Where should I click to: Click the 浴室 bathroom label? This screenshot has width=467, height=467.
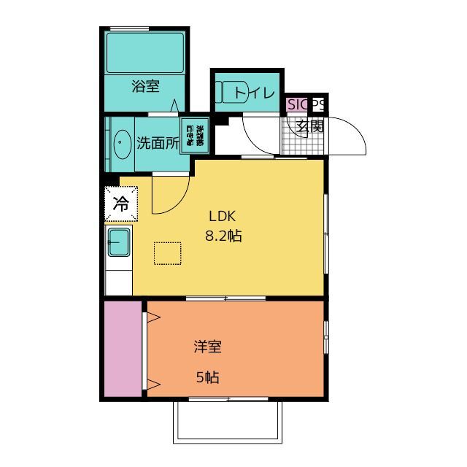click(x=145, y=87)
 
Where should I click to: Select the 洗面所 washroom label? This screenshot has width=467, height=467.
click(x=158, y=143)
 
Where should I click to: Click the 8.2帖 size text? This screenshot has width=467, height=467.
click(x=224, y=236)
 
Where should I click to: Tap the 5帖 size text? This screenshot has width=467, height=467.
click(x=208, y=377)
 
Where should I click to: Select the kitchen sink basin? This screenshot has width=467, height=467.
click(x=119, y=242)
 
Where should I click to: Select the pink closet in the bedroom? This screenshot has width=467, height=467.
click(x=123, y=348)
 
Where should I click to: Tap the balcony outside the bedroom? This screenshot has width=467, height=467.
click(x=227, y=422)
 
